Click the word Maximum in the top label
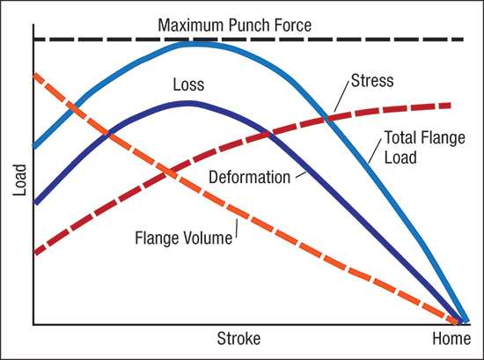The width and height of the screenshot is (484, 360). pos(190,25)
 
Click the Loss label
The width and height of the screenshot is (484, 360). pos(188,84)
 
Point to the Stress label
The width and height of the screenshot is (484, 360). pos(372,81)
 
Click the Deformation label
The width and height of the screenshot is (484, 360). pos(249,177)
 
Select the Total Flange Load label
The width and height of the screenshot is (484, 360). pos(425,147)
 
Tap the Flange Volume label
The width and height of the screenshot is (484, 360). pos(184,238)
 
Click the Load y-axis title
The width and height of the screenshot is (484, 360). pos(19,180)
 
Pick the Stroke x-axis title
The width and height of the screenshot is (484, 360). pos(238,338)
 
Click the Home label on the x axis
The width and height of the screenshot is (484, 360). pos(451,338)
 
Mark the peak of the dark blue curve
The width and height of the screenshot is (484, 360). pos(187,103)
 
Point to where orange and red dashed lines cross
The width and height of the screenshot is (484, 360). pos(168,172)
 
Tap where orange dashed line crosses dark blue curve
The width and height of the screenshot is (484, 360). pos(107,134)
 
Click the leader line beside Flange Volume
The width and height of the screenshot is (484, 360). pos(237,229)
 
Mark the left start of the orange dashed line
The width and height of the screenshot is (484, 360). pos(35,75)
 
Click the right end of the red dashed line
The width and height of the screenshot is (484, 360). pos(451,106)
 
